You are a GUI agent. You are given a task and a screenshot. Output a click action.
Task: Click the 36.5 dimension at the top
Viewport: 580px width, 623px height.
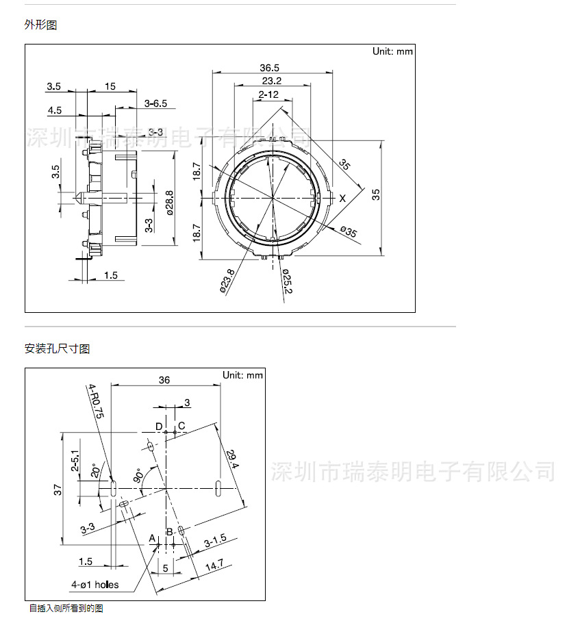click(x=270, y=68)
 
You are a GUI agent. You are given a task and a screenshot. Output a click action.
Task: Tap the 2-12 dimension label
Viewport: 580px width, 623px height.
click(x=268, y=94)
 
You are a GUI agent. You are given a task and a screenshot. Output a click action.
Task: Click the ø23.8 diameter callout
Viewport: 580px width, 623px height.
click(x=229, y=280)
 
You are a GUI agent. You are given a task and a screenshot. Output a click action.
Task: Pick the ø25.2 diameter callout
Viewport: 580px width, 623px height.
click(x=287, y=281)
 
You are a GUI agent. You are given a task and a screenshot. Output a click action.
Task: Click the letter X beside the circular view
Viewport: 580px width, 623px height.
click(x=342, y=198)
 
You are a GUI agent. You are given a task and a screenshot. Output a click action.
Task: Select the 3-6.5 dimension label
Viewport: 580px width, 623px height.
click(x=155, y=103)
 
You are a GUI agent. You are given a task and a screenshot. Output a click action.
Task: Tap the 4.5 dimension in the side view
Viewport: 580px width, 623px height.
click(x=55, y=110)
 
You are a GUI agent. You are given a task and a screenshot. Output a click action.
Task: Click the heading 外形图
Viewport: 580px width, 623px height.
click(x=41, y=25)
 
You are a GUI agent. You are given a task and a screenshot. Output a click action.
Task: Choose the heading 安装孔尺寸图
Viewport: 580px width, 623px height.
click(x=57, y=349)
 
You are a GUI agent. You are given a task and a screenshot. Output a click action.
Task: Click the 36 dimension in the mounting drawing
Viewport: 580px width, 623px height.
click(x=164, y=380)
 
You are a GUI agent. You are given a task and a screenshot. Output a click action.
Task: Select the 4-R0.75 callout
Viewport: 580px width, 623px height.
click(x=95, y=403)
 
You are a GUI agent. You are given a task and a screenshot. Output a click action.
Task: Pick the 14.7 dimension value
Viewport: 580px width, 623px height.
click(x=214, y=565)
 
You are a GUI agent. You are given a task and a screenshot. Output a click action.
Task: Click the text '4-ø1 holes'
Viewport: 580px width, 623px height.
click(x=94, y=585)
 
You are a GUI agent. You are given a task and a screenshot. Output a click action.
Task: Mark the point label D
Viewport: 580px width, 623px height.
click(x=159, y=427)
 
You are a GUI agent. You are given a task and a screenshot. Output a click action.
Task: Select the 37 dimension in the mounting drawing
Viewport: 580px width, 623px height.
click(x=58, y=489)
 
